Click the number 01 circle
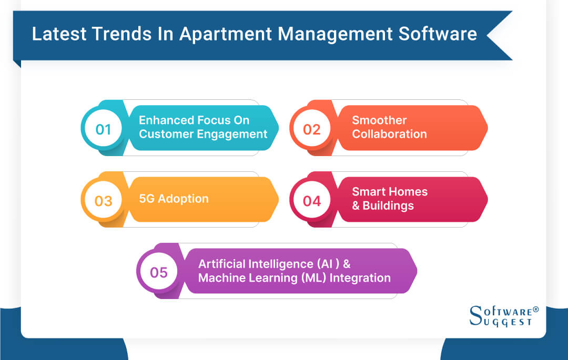coord(104,129)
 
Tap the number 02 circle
coord(312,129)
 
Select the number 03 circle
coord(104,200)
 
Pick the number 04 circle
coord(312,200)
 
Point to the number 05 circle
coord(159,272)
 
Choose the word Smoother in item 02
coord(379,120)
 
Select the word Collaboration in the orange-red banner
coord(389,134)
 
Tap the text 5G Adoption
coord(174,199)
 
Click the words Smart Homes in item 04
coord(390,192)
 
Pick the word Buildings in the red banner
coord(388,205)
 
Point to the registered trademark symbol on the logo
coord(536,310)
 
